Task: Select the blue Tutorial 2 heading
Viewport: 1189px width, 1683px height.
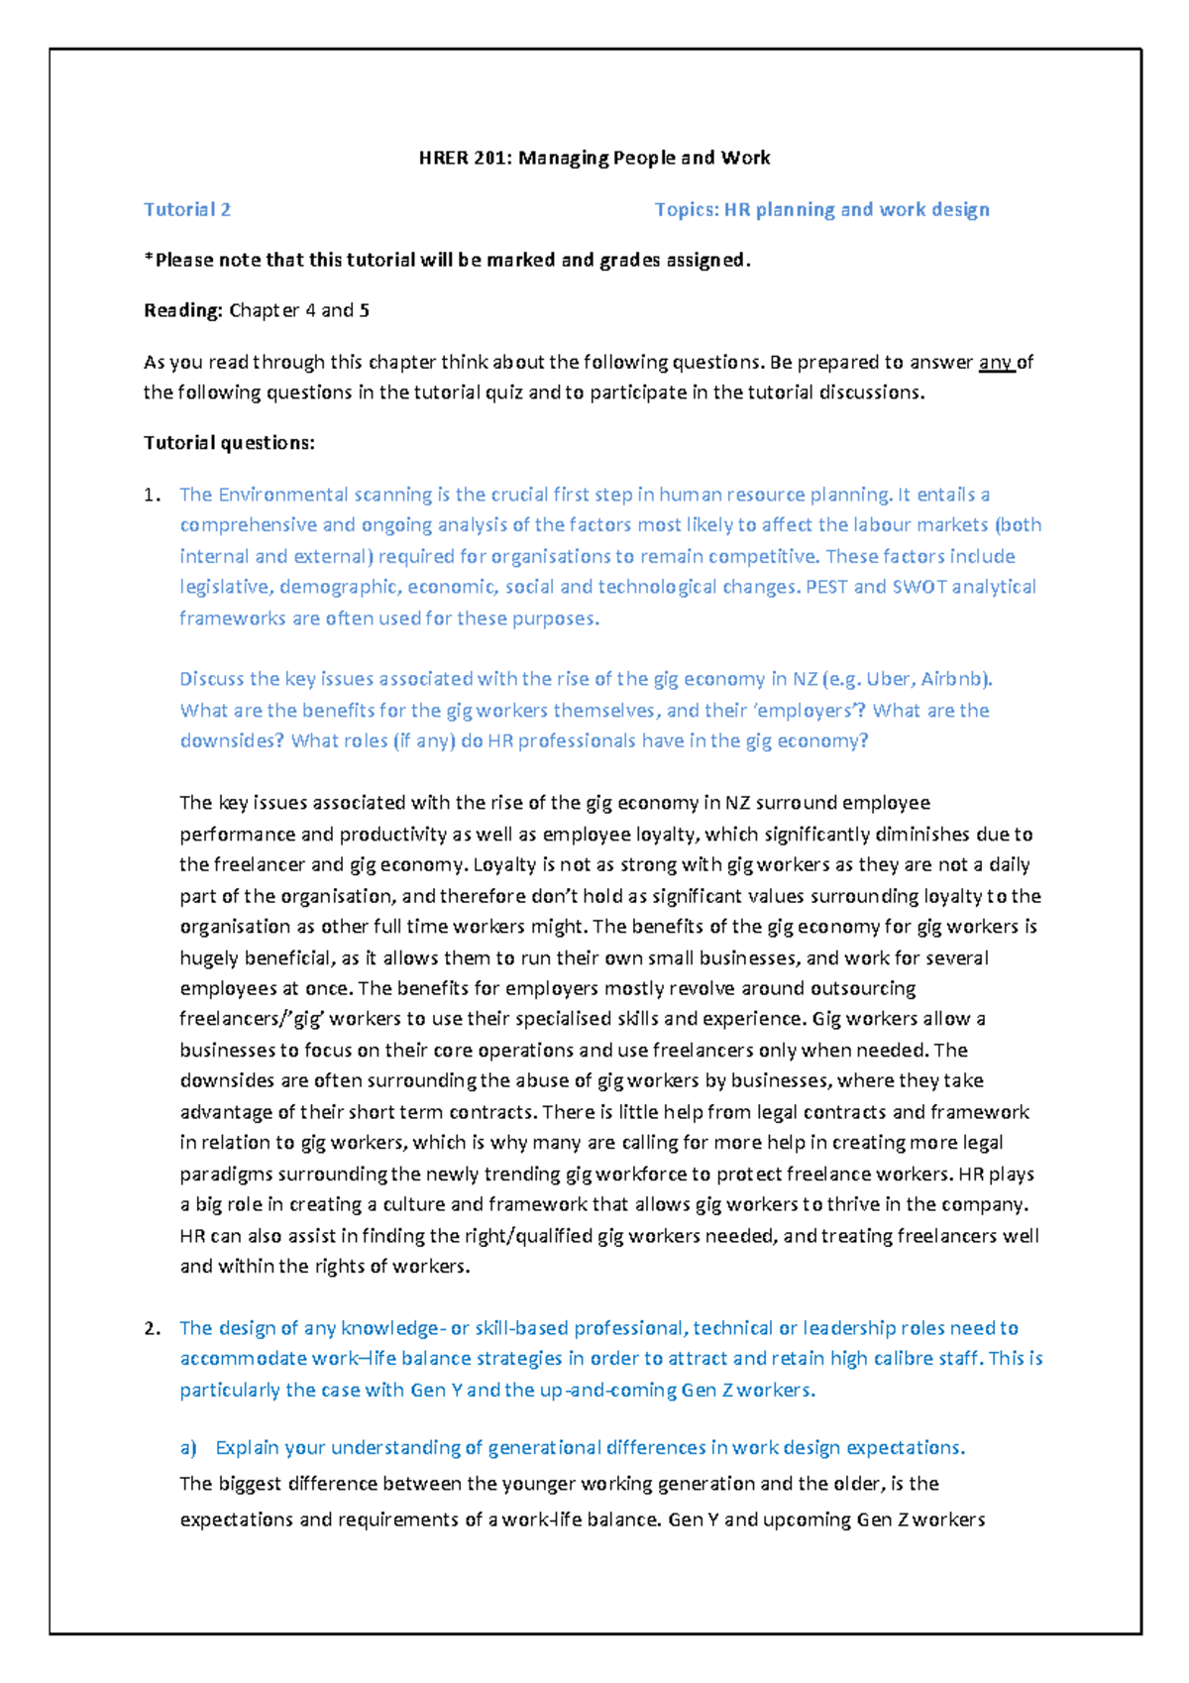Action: coord(187,209)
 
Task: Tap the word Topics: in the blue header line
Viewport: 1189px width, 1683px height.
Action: coord(686,209)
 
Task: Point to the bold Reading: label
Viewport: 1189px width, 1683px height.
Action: coord(183,310)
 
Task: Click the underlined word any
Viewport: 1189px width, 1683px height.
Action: coord(995,362)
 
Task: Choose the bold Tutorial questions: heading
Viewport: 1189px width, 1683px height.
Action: coord(229,443)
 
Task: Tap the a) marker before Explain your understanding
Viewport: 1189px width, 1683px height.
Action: coord(188,1448)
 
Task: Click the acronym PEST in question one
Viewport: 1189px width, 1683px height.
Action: coord(826,587)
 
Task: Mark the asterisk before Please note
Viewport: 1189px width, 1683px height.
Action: coord(149,260)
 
